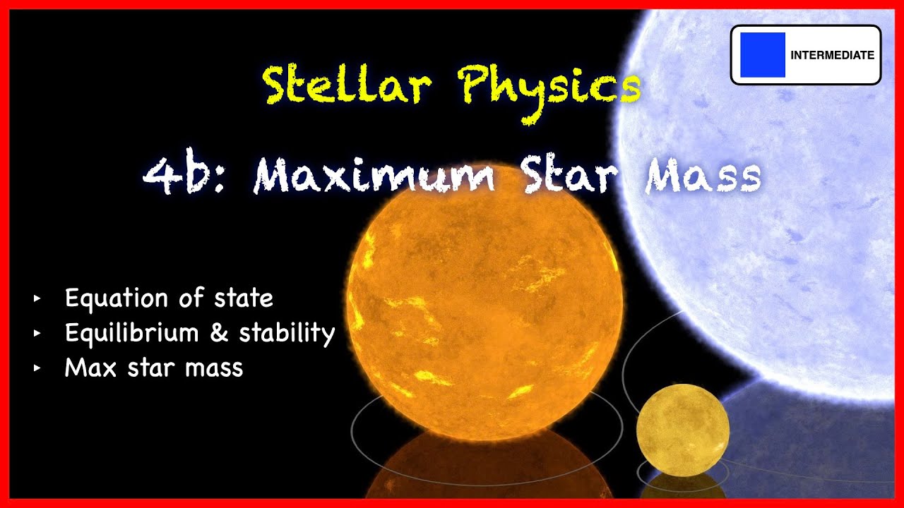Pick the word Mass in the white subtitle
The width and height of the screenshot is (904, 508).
[x=703, y=176]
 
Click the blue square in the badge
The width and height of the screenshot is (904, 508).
[x=763, y=54]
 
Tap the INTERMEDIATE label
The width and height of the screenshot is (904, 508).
[x=832, y=55]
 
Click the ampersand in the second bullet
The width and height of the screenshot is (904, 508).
[x=219, y=333]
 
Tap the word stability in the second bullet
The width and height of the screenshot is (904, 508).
[x=286, y=333]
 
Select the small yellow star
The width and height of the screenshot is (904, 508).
[x=682, y=430]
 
